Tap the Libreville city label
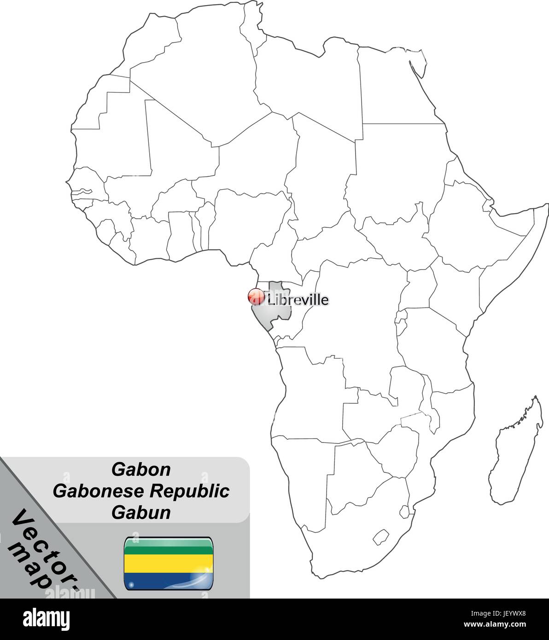point(298,300)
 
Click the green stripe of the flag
point(168,547)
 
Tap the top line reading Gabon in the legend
point(141,470)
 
